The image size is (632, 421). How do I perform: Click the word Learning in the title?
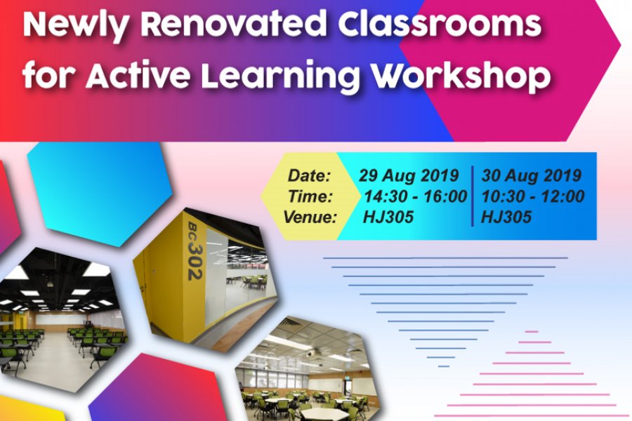click(280, 76)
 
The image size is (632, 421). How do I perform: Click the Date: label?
click(309, 175)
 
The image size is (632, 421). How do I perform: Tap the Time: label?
click(310, 196)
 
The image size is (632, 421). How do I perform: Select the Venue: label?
click(310, 217)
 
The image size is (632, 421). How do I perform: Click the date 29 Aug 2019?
click(409, 175)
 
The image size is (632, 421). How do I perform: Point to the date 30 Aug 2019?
click(532, 175)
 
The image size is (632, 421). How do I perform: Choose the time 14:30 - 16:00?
click(416, 196)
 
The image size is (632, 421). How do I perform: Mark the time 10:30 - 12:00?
click(533, 196)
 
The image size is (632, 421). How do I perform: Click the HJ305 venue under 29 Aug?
click(388, 218)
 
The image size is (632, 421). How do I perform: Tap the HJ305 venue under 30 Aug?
click(506, 218)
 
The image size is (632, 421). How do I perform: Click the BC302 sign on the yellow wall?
click(195, 250)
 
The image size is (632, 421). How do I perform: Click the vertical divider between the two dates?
click(473, 196)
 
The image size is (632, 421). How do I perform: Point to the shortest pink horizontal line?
click(532, 332)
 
